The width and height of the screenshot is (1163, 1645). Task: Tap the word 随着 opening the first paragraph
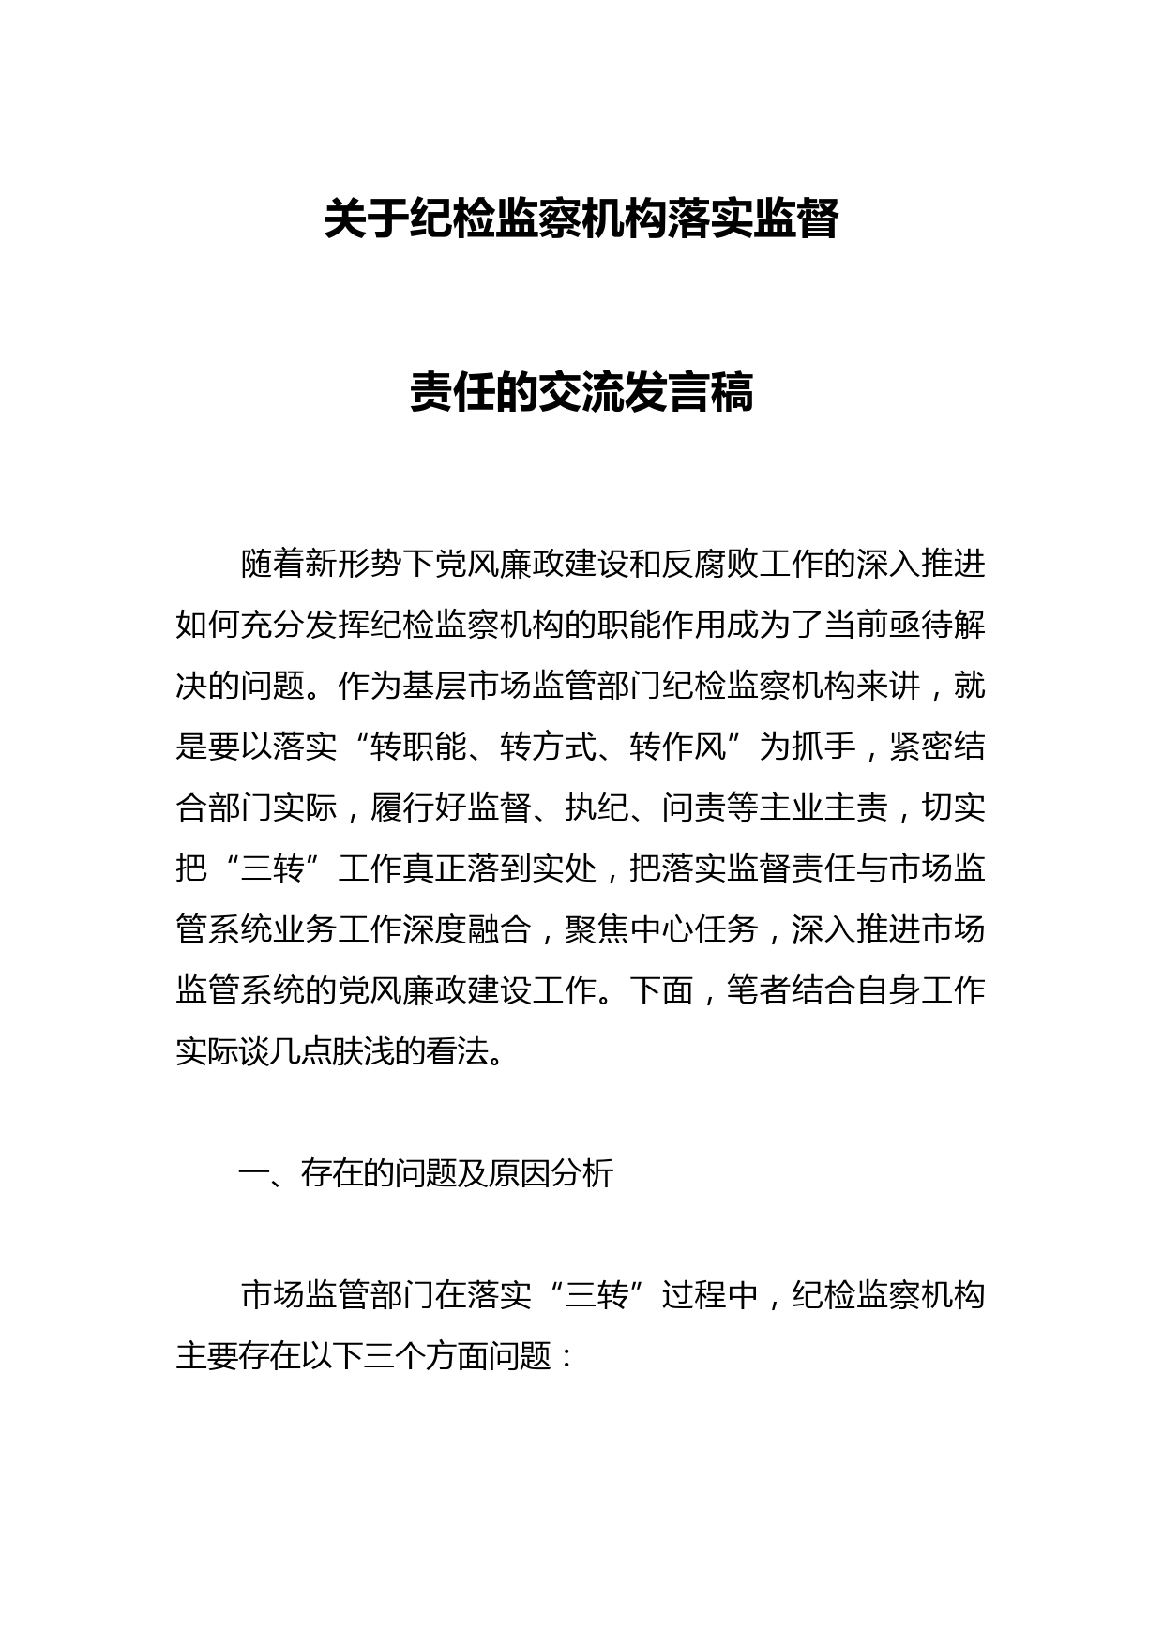[x=272, y=565]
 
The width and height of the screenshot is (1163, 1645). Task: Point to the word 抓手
[x=824, y=747]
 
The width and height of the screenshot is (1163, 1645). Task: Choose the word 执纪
[x=597, y=808]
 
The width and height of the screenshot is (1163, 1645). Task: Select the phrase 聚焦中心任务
[x=661, y=929]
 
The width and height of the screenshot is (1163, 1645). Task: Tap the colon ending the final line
[x=565, y=1356]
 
